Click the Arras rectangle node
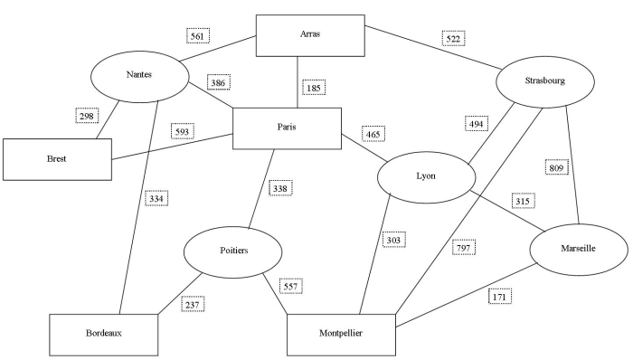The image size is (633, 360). tap(310, 35)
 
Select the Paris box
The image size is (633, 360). tap(287, 128)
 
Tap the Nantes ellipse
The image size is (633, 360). tap(139, 75)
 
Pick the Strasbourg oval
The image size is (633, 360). tap(544, 81)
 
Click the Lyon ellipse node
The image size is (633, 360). tap(426, 177)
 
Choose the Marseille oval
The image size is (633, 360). tap(577, 249)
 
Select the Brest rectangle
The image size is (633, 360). tap(56, 158)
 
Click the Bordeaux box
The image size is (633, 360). tap(104, 334)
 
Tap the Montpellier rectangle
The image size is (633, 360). tap(342, 335)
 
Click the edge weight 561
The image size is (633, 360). tap(198, 36)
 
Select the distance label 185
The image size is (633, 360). tap(314, 88)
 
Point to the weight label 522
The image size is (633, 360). tap(453, 39)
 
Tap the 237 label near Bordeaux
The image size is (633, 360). tap(192, 304)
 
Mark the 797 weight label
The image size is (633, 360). tap(464, 247)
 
